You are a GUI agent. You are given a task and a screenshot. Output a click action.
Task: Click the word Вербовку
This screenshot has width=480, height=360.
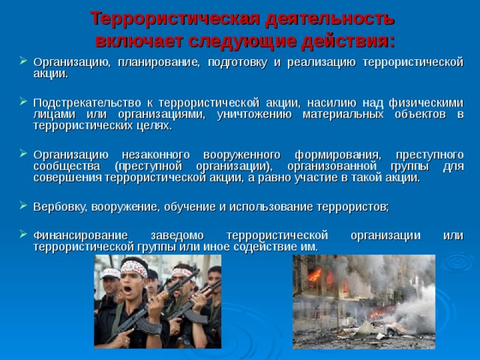57,205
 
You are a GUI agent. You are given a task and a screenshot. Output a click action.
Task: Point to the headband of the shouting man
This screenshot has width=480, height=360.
134,266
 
